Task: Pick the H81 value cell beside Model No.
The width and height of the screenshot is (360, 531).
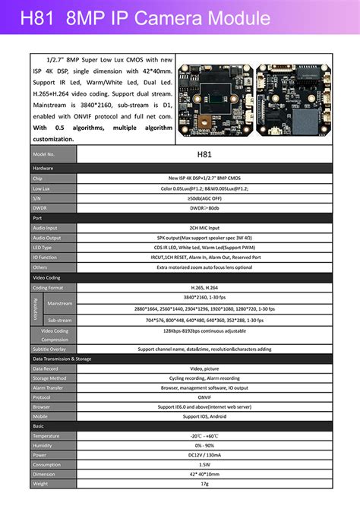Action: pyautogui.click(x=204, y=153)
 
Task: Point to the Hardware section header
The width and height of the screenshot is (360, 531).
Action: pyautogui.click(x=43, y=168)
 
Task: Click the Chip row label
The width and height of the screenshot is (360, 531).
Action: pyautogui.click(x=38, y=178)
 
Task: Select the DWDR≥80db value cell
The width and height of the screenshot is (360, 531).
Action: pyautogui.click(x=204, y=207)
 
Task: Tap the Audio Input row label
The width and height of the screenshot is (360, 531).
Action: pyautogui.click(x=46, y=227)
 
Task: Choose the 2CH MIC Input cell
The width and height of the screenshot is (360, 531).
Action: pyautogui.click(x=204, y=227)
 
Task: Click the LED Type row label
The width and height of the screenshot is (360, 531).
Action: pyautogui.click(x=43, y=247)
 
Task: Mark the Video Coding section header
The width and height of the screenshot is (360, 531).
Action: pyautogui.click(x=47, y=277)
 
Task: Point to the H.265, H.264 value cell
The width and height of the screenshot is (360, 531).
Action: pyautogui.click(x=204, y=288)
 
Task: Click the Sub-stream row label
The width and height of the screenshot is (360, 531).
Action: pyautogui.click(x=60, y=321)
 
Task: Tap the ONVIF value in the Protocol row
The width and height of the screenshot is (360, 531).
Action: pyautogui.click(x=204, y=397)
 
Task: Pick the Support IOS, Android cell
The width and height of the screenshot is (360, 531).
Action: pyautogui.click(x=204, y=416)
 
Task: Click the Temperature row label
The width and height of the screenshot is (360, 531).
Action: pyautogui.click(x=46, y=436)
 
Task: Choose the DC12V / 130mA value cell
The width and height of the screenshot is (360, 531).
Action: pyautogui.click(x=204, y=455)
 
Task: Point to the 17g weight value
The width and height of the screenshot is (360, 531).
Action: pyautogui.click(x=204, y=483)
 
